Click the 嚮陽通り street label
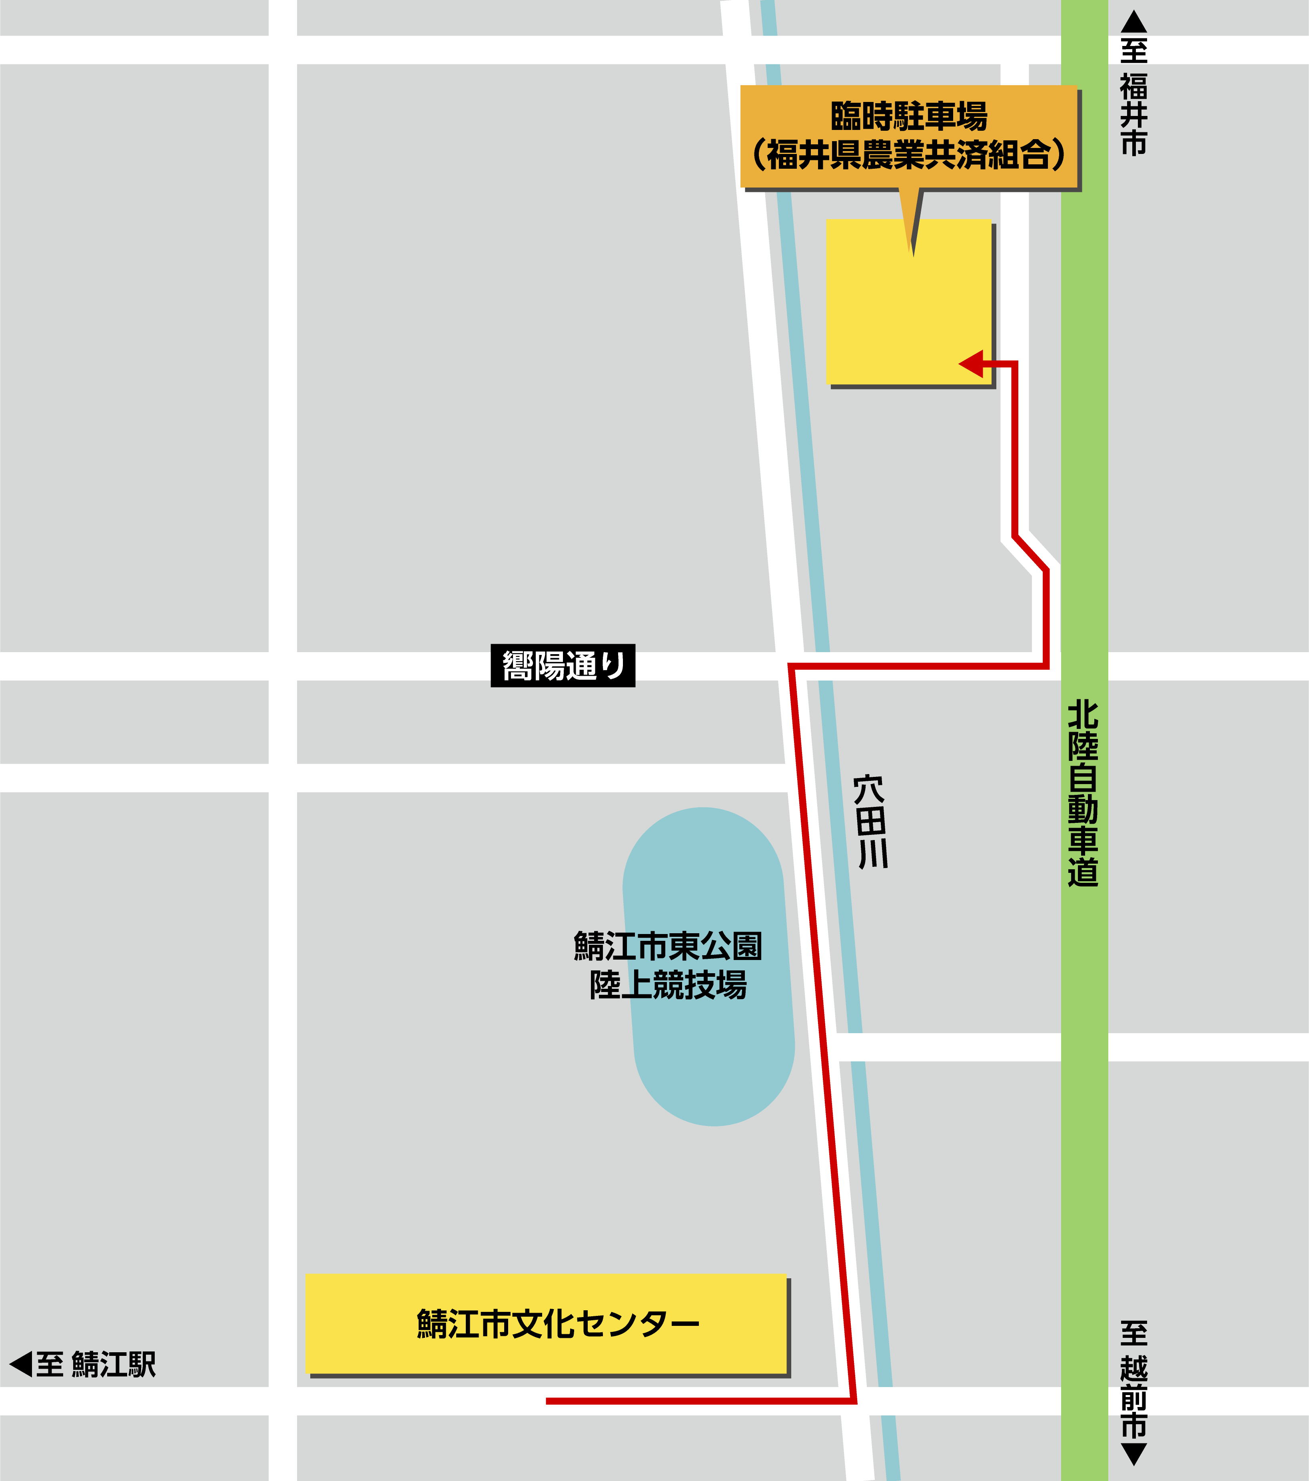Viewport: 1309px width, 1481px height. coord(563,665)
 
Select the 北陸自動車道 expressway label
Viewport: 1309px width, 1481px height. coord(1083,793)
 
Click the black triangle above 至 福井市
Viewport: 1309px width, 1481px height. coord(1134,22)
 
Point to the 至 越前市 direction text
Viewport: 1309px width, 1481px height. coord(1134,1380)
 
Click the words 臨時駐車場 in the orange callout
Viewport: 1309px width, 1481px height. coord(909,116)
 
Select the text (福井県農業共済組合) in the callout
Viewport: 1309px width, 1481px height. coord(909,154)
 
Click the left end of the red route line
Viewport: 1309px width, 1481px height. coord(549,1401)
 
